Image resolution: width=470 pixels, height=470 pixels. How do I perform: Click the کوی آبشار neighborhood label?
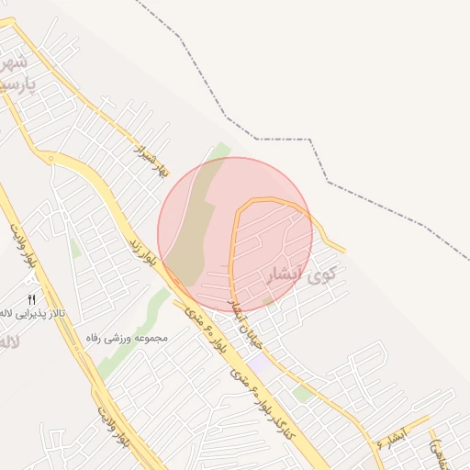(300, 274)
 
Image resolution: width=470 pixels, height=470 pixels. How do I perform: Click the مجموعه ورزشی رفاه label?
(125, 338)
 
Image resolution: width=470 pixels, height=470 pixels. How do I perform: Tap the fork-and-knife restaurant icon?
(31, 298)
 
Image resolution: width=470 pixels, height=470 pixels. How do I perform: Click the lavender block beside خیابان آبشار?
(260, 364)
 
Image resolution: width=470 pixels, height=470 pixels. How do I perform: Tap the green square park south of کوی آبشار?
(302, 393)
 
